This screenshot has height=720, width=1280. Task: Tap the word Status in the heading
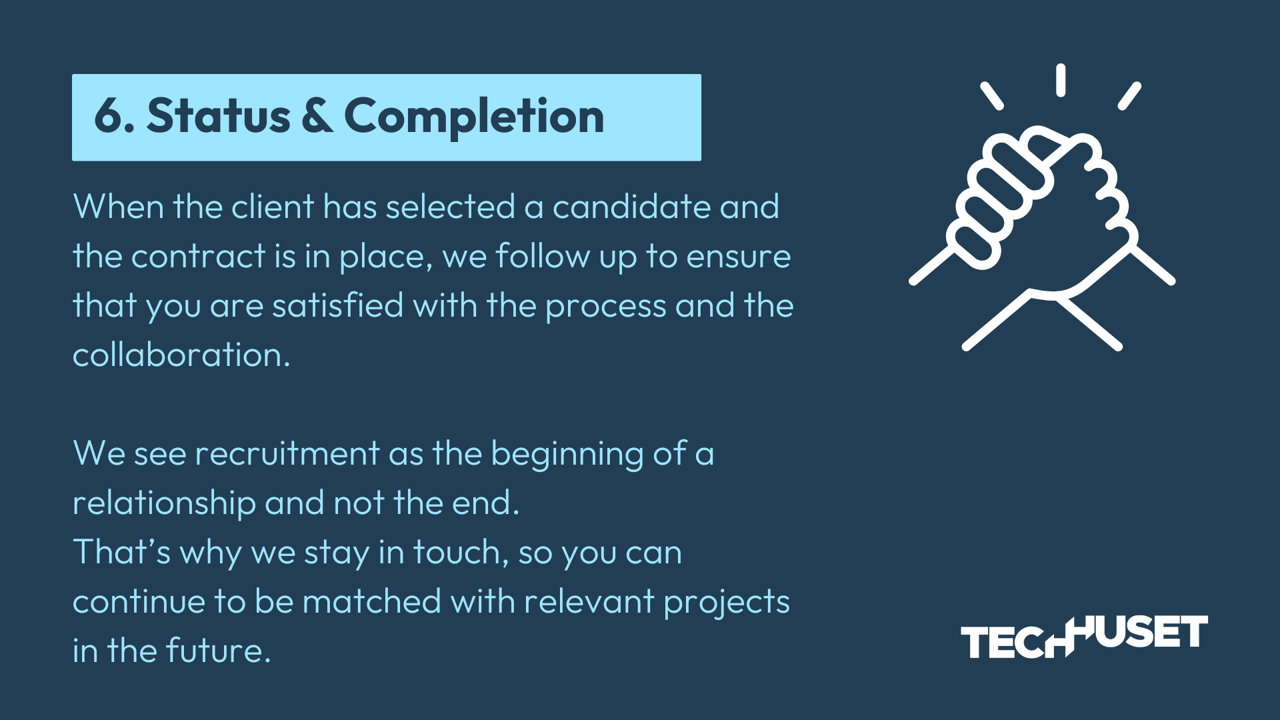[x=219, y=116]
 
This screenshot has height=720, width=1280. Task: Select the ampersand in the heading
[x=317, y=116]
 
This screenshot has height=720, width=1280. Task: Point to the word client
[x=272, y=207]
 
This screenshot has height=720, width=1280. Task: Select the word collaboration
[x=181, y=355]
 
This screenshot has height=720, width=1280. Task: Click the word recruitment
[x=287, y=453]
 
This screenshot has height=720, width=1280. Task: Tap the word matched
[x=372, y=601]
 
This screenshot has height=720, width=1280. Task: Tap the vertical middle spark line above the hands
[x=1060, y=80]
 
